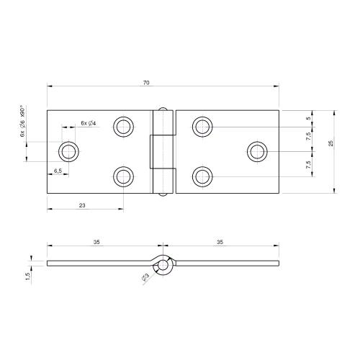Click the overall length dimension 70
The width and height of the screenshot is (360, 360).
(146, 83)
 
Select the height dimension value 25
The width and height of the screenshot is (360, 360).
(330, 143)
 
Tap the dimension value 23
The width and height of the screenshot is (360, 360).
(83, 206)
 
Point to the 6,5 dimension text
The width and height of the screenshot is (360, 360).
(58, 171)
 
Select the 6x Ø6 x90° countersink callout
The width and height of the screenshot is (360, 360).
(23, 122)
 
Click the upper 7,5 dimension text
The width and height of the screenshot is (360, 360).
(309, 137)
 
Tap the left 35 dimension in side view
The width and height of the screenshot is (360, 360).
(96, 243)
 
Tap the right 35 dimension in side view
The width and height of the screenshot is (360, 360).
(219, 243)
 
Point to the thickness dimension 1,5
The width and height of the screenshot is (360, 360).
(27, 276)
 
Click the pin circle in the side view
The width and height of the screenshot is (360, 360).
(164, 265)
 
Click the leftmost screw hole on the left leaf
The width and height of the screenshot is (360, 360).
(69, 151)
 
